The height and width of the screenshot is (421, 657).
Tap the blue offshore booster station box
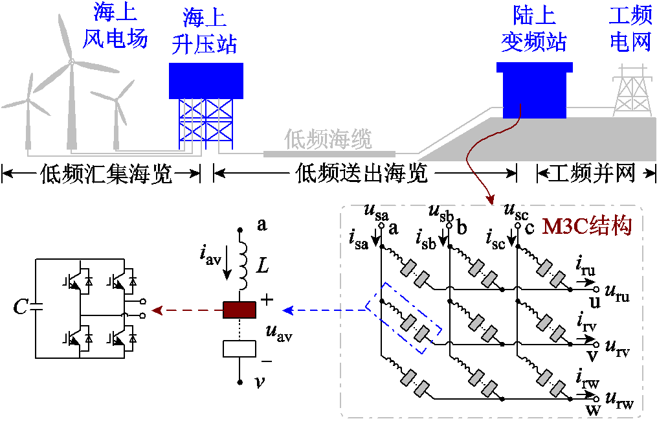[206, 80]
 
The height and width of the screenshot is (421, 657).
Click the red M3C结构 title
[586, 227]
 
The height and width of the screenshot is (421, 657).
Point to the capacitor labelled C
[35, 307]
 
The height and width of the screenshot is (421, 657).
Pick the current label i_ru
[585, 264]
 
